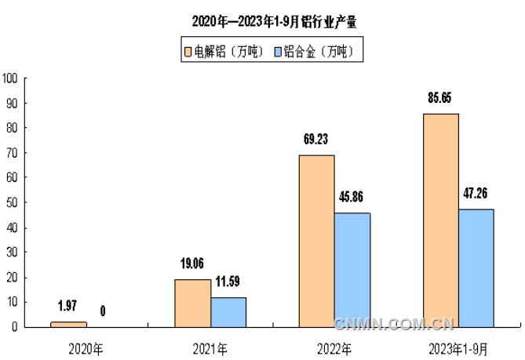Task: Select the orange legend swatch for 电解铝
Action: (x=188, y=53)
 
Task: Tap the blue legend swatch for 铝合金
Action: (x=278, y=53)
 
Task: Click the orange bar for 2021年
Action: (x=192, y=303)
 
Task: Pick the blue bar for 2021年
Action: (x=228, y=312)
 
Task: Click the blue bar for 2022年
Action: (x=352, y=270)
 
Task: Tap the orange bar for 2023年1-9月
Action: (x=440, y=220)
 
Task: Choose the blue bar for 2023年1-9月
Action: (x=476, y=267)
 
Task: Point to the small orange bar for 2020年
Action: (x=68, y=324)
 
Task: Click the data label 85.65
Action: (x=439, y=99)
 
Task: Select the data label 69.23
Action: (x=316, y=140)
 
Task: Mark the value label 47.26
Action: (x=476, y=194)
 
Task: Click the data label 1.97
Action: (x=67, y=307)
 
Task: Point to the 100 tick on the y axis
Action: (x=10, y=78)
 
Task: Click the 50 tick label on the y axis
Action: (x=13, y=202)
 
